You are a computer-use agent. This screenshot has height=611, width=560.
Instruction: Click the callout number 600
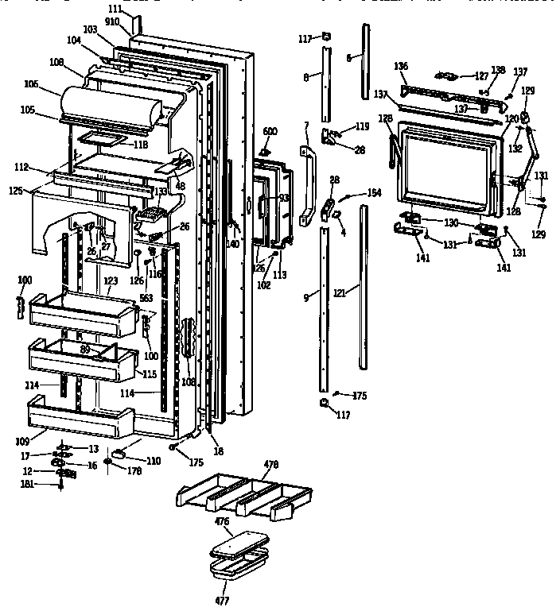point(269,131)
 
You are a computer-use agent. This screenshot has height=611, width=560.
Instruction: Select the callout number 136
point(401,67)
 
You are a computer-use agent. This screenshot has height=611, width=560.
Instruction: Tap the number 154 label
point(374,194)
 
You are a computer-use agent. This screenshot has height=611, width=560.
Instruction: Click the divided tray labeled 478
point(239,494)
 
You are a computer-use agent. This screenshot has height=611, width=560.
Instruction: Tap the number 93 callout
point(282,197)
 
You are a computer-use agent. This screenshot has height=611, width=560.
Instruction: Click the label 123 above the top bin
point(110,280)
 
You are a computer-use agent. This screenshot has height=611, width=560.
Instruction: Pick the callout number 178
point(134,471)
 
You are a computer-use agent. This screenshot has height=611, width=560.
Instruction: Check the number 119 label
point(363,126)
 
